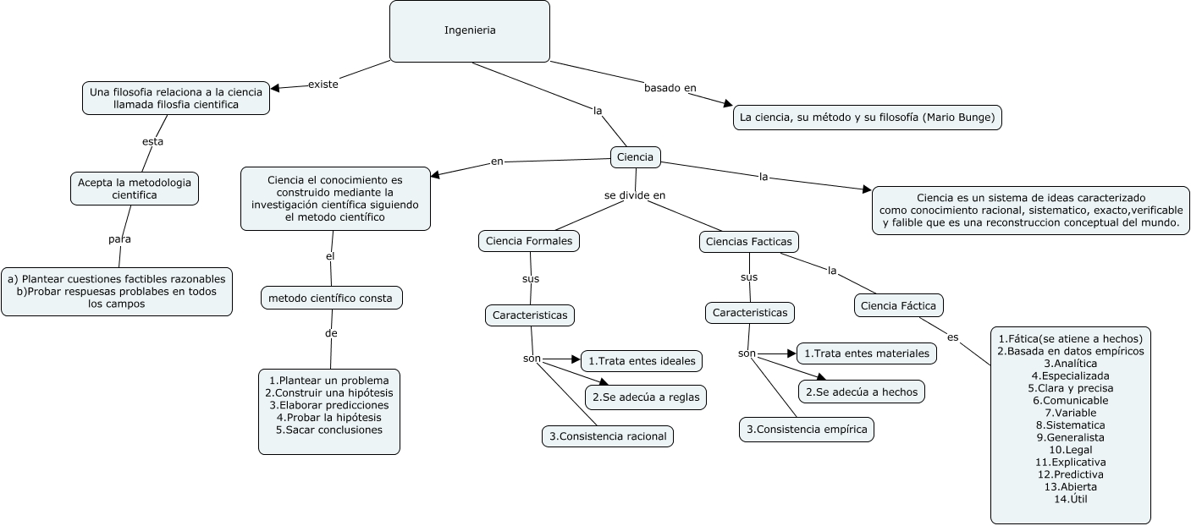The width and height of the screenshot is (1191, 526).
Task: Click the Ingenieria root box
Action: click(470, 31)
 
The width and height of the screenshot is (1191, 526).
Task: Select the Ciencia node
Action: click(636, 157)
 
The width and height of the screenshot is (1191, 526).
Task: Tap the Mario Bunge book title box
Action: click(867, 118)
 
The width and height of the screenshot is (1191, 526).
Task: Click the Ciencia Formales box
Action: click(529, 241)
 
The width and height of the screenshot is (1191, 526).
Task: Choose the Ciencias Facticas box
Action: click(748, 242)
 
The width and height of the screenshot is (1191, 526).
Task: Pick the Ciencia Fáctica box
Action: click(899, 305)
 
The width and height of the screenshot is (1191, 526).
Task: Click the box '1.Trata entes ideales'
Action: click(642, 361)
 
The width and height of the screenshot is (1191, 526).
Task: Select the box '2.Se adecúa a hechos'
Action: click(862, 392)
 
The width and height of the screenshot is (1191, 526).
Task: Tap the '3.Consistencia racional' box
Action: click(608, 436)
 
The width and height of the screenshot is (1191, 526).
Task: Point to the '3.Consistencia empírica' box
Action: click(807, 430)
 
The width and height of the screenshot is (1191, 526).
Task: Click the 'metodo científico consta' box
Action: click(332, 298)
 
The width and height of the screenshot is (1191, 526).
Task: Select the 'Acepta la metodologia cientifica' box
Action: click(135, 189)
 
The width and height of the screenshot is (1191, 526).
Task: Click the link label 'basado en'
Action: click(670, 88)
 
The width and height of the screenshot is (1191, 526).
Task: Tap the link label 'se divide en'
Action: click(635, 195)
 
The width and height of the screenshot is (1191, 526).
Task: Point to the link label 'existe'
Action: click(323, 84)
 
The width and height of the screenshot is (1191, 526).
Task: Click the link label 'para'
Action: click(119, 239)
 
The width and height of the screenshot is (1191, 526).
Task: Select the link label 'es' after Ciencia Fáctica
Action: click(953, 337)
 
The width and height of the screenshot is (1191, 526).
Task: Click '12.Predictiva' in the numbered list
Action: click(1070, 474)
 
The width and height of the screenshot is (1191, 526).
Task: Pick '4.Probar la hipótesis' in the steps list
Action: click(329, 418)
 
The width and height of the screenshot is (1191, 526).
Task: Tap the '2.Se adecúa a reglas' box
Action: click(646, 397)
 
